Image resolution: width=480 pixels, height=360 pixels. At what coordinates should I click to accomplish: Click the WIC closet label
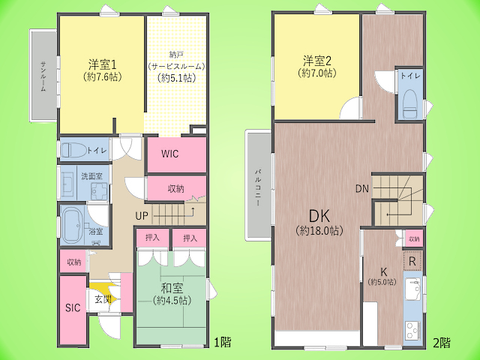(x=170, y=154)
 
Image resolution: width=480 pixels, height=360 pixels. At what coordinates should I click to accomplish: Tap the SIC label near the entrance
(x=73, y=307)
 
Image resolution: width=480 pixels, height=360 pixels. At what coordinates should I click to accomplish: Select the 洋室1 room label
(x=102, y=64)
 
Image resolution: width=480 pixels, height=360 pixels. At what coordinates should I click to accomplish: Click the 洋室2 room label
(x=317, y=61)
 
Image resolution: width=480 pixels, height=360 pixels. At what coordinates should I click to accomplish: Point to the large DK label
(x=319, y=217)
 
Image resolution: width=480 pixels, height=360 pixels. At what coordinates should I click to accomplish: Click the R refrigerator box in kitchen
(x=412, y=261)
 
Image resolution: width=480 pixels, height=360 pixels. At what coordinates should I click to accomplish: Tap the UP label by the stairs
(x=142, y=216)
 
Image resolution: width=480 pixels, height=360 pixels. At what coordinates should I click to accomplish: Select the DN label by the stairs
(x=362, y=188)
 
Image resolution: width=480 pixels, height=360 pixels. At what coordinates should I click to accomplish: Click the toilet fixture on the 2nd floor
(x=410, y=104)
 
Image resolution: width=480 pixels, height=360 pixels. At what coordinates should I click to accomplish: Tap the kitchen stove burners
(x=412, y=330)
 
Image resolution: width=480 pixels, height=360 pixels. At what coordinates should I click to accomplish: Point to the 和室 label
(x=172, y=288)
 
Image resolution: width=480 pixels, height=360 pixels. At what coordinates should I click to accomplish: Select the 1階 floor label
(x=222, y=342)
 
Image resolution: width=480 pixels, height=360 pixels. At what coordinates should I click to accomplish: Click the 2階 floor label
(x=442, y=343)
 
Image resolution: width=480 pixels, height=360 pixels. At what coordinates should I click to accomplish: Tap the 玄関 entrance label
(x=103, y=299)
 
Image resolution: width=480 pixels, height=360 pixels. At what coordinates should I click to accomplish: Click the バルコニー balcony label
(x=258, y=187)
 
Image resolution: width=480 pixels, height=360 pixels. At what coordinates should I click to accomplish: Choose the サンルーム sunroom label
(x=43, y=76)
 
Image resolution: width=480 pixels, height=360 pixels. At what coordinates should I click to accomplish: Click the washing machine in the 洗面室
(x=99, y=192)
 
